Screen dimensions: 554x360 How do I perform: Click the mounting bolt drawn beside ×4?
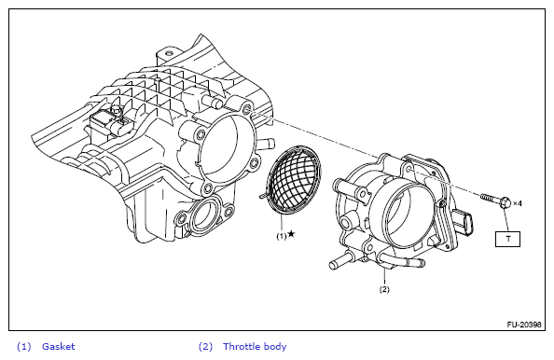pos(495,200)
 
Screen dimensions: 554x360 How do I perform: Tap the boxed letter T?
pos(507,239)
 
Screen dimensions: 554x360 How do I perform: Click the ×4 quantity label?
pos(518,203)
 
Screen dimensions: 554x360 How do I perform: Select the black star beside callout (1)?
pos(291,234)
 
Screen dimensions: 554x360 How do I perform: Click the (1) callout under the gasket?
pos(282,236)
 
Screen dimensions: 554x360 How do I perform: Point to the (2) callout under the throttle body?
pos(384,289)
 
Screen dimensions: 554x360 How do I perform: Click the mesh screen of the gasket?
pos(296,179)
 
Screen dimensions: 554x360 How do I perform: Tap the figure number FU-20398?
pos(524,325)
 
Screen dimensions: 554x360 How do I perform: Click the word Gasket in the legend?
pos(59,347)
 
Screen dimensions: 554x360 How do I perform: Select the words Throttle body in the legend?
pos(255,347)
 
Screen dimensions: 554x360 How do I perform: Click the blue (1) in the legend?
pos(24,347)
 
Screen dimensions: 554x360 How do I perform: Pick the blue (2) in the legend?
pos(205,347)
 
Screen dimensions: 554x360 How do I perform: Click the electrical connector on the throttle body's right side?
pos(464,223)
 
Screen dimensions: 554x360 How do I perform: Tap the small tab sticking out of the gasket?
pos(263,194)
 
